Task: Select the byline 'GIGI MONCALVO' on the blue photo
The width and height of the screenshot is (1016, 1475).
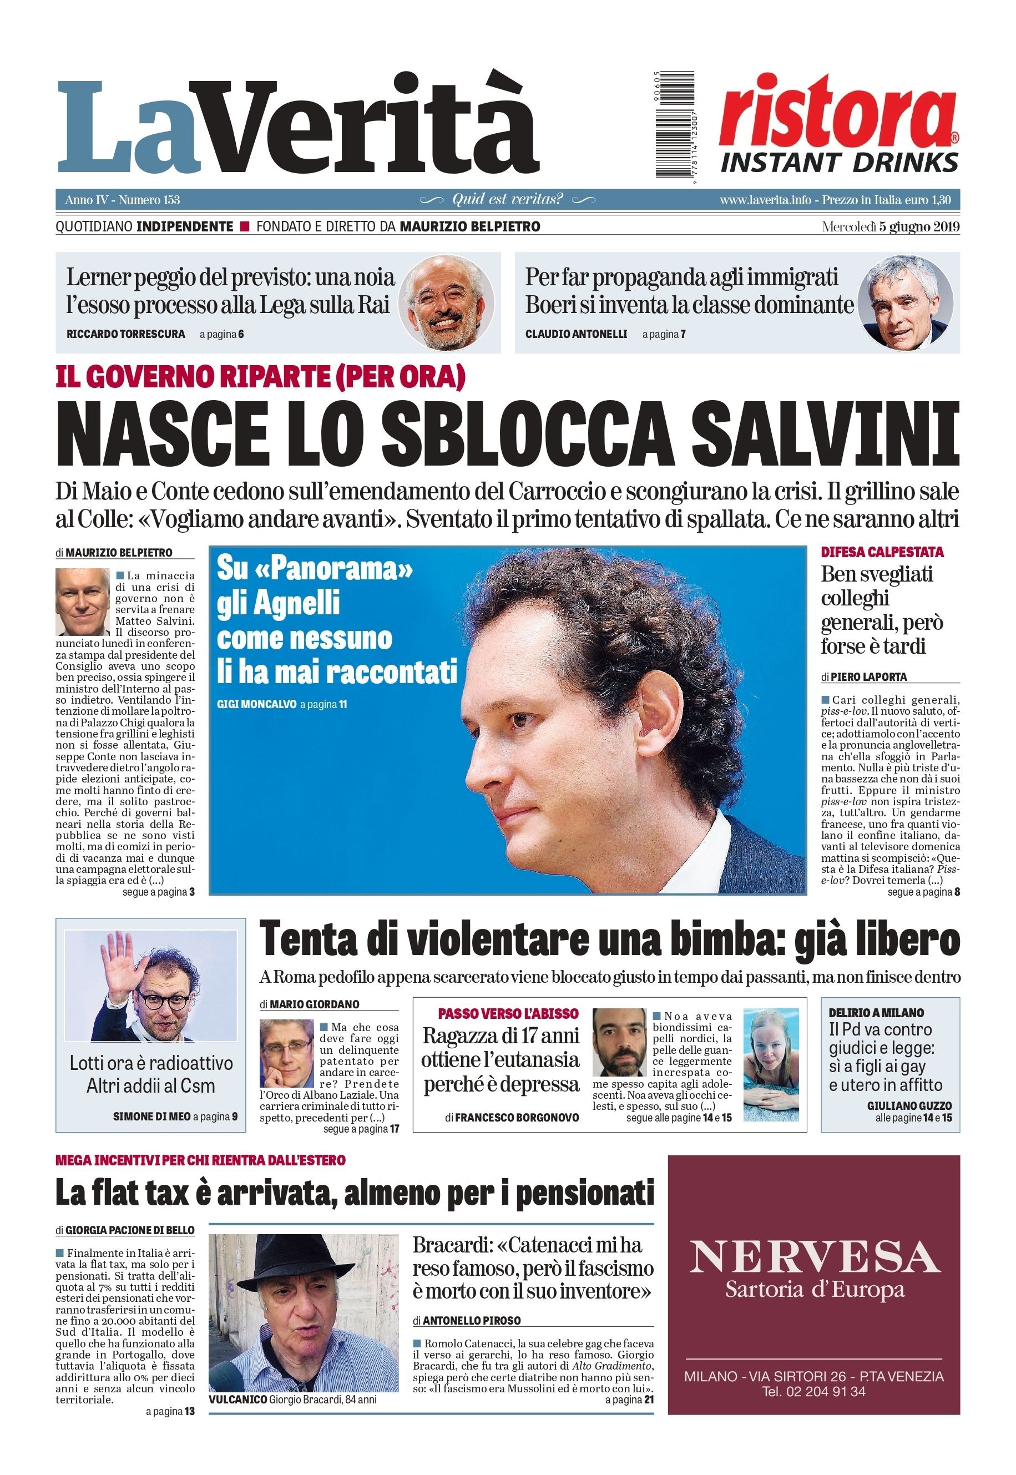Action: (256, 705)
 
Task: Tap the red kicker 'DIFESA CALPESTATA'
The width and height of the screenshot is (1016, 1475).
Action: (882, 552)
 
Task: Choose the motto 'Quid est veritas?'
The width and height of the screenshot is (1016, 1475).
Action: (507, 199)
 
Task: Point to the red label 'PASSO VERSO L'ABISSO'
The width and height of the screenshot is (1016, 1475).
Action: (508, 1013)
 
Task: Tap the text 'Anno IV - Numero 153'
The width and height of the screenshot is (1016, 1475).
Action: (122, 200)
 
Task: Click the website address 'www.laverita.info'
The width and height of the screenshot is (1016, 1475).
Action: (765, 200)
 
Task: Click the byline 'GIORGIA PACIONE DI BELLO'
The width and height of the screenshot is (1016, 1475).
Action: (130, 1230)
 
